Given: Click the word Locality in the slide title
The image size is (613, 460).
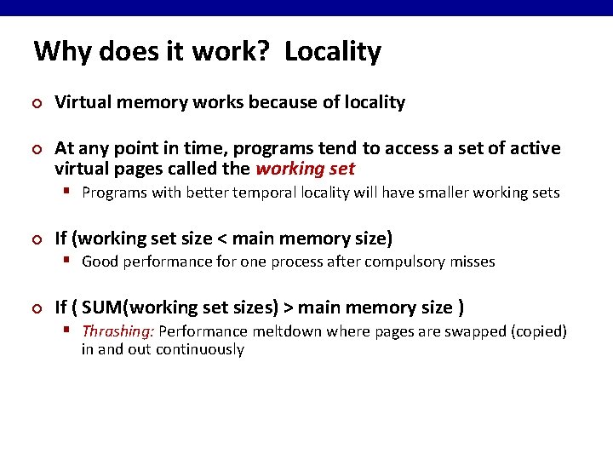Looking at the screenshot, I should pyautogui.click(x=333, y=52).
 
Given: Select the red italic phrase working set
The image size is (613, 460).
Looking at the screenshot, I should pyautogui.click(x=305, y=169).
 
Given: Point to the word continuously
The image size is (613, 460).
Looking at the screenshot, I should pyautogui.click(x=200, y=349).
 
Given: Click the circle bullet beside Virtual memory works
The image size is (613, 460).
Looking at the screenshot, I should pyautogui.click(x=37, y=103).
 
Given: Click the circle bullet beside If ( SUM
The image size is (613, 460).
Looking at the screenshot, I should pyautogui.click(x=37, y=308).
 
